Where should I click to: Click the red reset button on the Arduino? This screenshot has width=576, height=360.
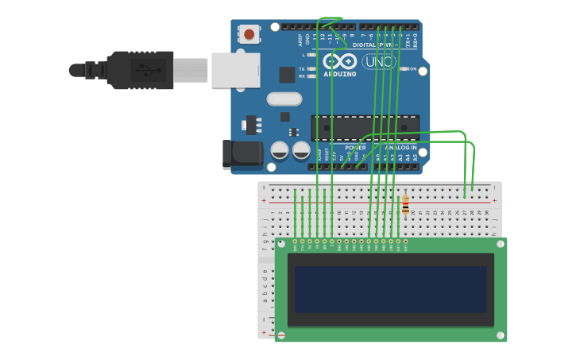point(249,34)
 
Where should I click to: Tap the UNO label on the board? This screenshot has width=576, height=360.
point(378,62)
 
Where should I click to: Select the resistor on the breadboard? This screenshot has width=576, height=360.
point(405,204)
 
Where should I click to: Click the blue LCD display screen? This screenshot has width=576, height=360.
point(390,289)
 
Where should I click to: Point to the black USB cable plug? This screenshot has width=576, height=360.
point(140,70)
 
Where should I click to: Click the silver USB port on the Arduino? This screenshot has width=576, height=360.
point(235,70)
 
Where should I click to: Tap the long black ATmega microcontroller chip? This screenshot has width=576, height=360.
point(365,127)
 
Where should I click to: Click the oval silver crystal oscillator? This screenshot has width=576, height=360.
point(284,99)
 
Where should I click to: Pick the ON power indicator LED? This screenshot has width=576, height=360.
point(404,69)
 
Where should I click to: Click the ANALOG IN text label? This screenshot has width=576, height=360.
point(400,148)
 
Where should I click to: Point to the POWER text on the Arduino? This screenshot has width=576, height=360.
point(355,148)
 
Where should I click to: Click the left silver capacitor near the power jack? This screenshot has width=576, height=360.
point(280,149)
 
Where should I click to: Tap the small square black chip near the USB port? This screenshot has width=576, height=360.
point(287,75)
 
